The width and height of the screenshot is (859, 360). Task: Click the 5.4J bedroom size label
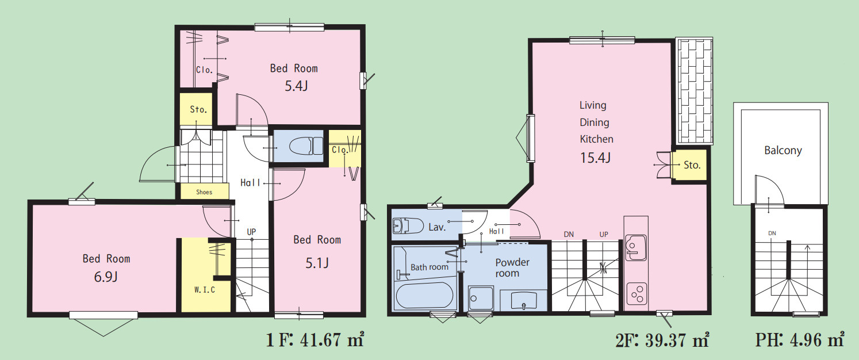tap(296, 86)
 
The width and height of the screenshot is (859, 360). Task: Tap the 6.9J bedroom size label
tap(106, 277)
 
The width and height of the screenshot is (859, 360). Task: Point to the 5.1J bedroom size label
tap(317, 263)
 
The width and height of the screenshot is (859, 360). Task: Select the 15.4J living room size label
tap(595, 158)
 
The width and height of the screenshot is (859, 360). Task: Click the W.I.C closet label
tap(204, 290)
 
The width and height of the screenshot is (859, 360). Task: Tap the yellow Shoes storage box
tap(204, 192)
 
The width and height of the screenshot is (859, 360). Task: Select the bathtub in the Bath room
tap(424, 296)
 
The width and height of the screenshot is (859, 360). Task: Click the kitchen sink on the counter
tap(635, 248)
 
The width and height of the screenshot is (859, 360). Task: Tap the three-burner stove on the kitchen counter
tap(636, 294)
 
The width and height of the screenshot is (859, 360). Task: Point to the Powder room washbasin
tap(523, 300)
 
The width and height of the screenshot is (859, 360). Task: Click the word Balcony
tap(783, 150)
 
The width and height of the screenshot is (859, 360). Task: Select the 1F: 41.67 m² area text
tap(315, 340)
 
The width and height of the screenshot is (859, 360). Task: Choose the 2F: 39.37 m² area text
tap(662, 340)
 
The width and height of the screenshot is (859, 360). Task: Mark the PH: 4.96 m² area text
tap(800, 340)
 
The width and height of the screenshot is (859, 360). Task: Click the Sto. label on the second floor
tap(692, 165)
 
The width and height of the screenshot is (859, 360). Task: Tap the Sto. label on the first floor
tap(198, 110)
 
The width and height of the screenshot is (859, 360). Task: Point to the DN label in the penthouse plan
tap(772, 233)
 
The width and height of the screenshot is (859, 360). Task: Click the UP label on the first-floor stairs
tap(251, 232)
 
